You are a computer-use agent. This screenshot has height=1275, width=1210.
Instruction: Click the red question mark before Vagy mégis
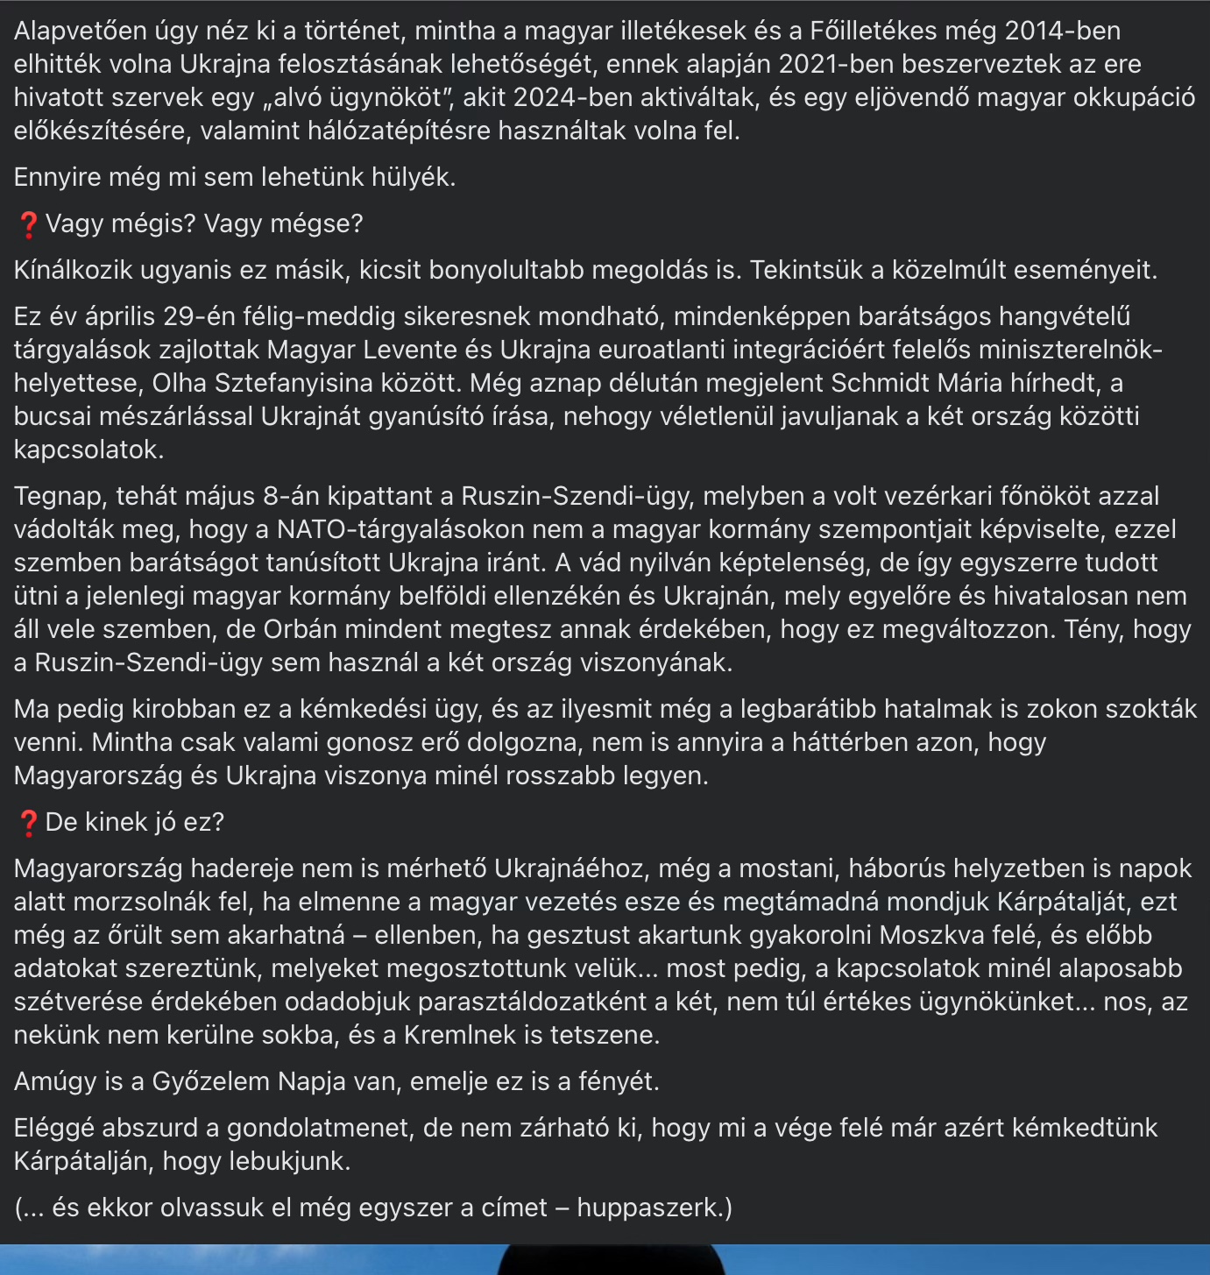pos(27,224)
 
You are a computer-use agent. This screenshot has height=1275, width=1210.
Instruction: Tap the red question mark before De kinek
pos(27,823)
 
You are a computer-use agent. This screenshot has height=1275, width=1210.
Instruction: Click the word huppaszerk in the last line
pos(647,1208)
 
